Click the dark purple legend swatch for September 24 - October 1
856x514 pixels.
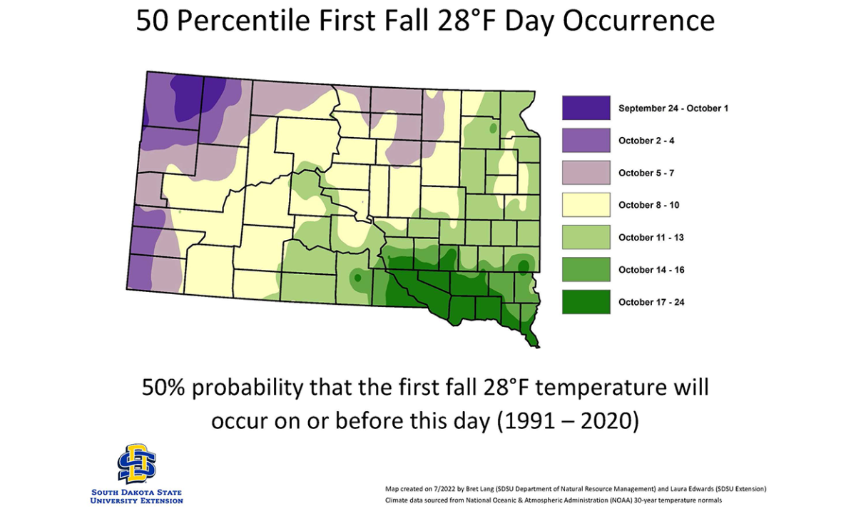pos(586,108)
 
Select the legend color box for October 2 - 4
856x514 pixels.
pos(586,141)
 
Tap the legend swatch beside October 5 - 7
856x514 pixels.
pos(586,173)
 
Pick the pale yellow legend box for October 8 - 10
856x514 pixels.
pos(586,205)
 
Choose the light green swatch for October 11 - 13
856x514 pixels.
pos(586,237)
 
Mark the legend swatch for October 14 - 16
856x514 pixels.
pos(586,270)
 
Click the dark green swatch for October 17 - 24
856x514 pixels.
pos(586,302)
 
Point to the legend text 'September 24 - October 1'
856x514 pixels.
pos(673,109)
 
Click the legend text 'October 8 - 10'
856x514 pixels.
pos(648,206)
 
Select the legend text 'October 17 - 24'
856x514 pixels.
pos(651,302)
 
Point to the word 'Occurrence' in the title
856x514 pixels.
pos(638,21)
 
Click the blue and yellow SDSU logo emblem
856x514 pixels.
pos(137,463)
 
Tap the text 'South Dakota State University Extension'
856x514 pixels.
pos(137,496)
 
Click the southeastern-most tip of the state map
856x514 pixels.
pos(536,346)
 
